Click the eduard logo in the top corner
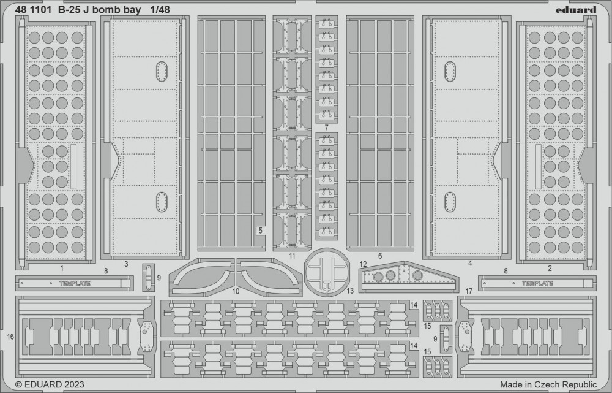pyautogui.click(x=576, y=10)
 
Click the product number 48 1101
pyautogui.click(x=33, y=10)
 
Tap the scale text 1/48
pyautogui.click(x=160, y=10)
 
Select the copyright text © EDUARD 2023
pyautogui.click(x=50, y=384)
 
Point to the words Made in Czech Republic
pyautogui.click(x=548, y=384)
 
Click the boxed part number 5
pyautogui.click(x=260, y=231)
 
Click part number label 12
pyautogui.click(x=364, y=265)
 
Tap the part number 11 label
pyautogui.click(x=293, y=256)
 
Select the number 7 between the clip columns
pyautogui.click(x=326, y=128)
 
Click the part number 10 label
pyautogui.click(x=236, y=291)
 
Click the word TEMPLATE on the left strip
pyautogui.click(x=75, y=283)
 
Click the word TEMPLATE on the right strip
pyautogui.click(x=537, y=283)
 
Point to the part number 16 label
pyautogui.click(x=10, y=337)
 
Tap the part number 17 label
pyautogui.click(x=469, y=291)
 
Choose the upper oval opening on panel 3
pyautogui.click(x=162, y=72)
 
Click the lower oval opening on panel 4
pyautogui.click(x=450, y=202)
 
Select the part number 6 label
pyautogui.click(x=380, y=256)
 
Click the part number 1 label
pyautogui.click(x=62, y=269)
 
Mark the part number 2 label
pyautogui.click(x=550, y=269)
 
